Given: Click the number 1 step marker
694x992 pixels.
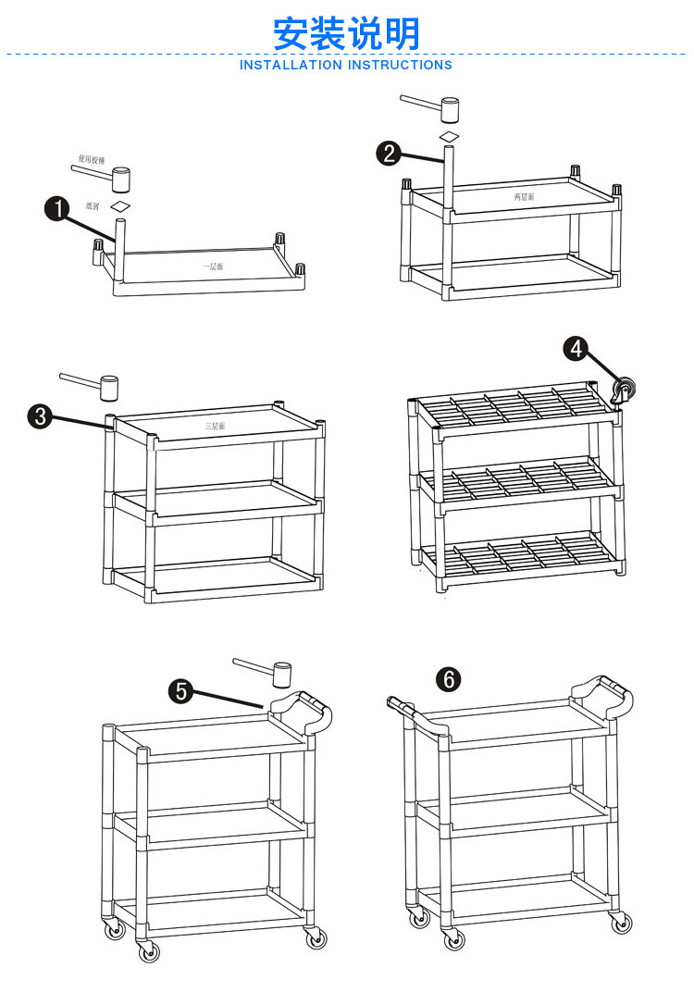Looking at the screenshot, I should [58, 210].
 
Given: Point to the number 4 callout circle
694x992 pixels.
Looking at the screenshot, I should [576, 349].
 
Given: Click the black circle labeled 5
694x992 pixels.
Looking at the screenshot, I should [181, 690].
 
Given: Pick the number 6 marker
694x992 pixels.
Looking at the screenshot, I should [449, 680].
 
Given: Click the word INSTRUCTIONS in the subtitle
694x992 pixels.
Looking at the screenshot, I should [400, 66].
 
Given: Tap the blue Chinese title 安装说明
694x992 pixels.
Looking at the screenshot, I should [346, 33].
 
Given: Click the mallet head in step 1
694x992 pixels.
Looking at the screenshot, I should [121, 178].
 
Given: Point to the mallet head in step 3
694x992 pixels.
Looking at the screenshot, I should [109, 387].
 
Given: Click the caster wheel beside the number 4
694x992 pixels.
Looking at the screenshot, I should [626, 390].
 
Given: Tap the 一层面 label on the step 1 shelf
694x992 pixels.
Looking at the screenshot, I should [214, 266].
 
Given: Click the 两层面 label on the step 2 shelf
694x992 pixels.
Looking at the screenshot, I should [524, 197].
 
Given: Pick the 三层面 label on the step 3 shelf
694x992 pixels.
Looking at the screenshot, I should [215, 427].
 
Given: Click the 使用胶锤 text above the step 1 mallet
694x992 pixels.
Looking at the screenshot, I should [92, 159].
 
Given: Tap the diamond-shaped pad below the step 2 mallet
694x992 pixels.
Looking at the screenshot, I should [449, 136].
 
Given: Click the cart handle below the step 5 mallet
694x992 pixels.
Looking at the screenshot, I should [301, 711].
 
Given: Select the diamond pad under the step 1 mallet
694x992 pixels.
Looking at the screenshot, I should [120, 205].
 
